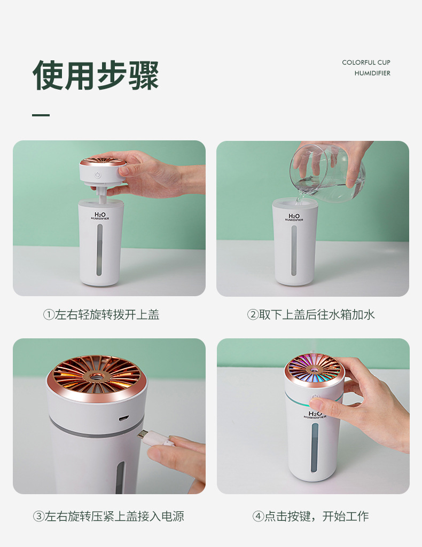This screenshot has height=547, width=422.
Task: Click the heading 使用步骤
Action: click(96, 75)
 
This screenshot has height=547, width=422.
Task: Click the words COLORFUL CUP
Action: click(366, 62)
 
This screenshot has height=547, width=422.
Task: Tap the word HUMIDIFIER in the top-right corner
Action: click(372, 73)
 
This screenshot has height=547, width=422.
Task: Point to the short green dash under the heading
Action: click(41, 115)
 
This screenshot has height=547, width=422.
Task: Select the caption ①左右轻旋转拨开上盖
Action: click(101, 314)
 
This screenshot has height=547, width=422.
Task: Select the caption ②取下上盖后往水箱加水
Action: click(311, 314)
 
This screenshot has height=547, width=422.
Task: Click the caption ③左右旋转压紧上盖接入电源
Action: click(108, 516)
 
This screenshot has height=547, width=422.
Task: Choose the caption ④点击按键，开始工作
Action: click(310, 516)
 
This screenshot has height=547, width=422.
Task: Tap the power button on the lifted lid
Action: click(98, 175)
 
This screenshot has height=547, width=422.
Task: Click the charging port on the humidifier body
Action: click(124, 418)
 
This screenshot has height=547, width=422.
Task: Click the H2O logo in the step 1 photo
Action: click(100, 215)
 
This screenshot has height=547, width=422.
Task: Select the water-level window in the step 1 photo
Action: click(99, 250)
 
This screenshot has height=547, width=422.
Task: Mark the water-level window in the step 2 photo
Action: click(294, 251)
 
